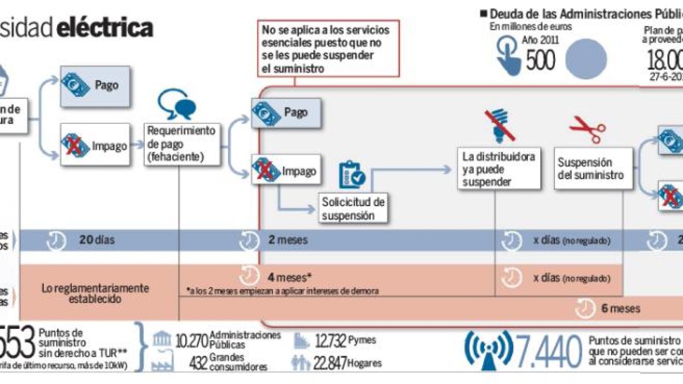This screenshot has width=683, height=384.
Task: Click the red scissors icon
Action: click(587, 128)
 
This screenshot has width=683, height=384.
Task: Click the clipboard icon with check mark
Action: click(351, 175)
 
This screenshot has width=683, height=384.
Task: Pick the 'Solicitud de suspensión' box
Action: click(353, 208)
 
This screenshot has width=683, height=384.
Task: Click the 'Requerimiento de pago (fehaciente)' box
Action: click(181, 144)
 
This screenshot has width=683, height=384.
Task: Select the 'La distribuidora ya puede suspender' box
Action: click(499, 169)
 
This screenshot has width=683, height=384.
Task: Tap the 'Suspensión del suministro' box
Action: click(593, 169)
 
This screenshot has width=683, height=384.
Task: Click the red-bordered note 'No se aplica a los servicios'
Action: click(328, 49)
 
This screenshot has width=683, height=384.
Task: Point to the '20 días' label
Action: click(97, 240)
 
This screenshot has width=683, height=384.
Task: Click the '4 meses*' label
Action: click(289, 277)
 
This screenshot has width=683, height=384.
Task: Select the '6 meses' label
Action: click(620, 308)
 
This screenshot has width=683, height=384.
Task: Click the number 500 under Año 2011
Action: click(540, 60)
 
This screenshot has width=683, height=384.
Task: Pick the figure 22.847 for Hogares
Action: click(330, 363)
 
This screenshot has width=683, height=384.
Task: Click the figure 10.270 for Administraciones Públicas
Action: click(192, 340)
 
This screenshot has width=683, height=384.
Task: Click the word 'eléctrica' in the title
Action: click(105, 28)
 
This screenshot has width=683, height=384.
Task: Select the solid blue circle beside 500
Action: click(586, 59)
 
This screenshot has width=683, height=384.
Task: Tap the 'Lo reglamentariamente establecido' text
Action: click(95, 293)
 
